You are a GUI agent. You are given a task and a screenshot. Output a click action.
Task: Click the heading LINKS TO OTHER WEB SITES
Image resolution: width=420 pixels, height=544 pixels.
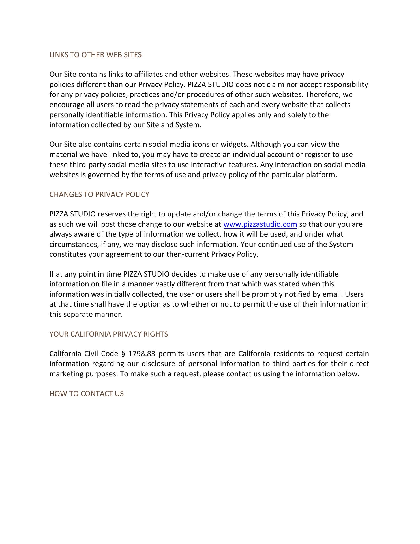[95, 55]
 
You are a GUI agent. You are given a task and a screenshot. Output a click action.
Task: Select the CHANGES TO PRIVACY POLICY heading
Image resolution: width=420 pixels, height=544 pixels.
[99, 194]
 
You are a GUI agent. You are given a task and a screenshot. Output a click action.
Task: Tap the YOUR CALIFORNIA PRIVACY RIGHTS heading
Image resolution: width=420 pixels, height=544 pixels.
[108, 334]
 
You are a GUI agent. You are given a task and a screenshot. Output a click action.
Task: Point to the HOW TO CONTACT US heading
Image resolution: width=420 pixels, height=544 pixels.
[86, 394]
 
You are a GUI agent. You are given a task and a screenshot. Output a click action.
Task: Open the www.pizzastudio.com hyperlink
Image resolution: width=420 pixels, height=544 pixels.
[260, 224]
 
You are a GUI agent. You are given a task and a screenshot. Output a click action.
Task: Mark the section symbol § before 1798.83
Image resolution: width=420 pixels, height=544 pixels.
[123, 354]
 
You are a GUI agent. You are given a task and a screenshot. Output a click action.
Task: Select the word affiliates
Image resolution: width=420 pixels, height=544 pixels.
[148, 75]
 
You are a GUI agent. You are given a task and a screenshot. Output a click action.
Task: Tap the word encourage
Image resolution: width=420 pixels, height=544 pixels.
[67, 105]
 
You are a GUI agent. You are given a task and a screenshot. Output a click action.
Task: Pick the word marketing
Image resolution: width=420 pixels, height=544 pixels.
[67, 374]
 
